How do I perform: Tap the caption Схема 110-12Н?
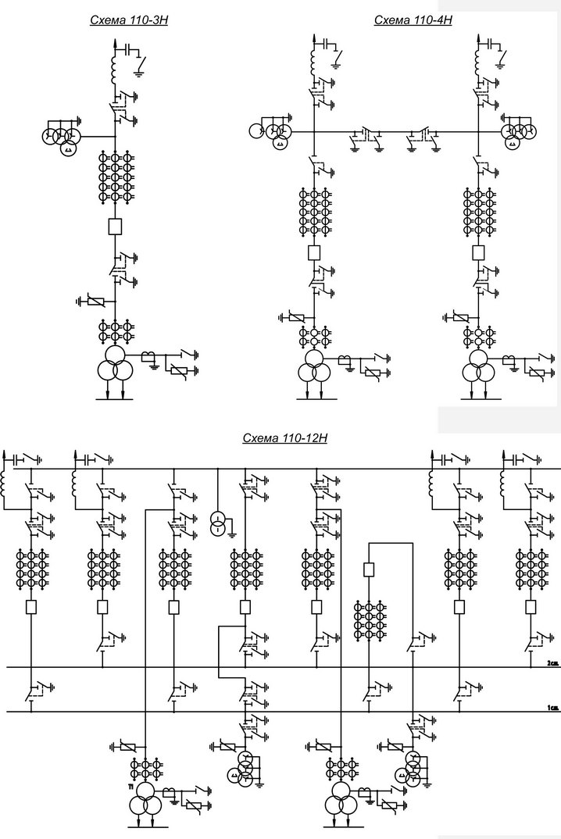click(x=284, y=438)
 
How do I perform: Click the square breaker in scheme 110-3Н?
click(x=115, y=227)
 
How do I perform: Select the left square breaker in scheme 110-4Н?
click(x=315, y=253)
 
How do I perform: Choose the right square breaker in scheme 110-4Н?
click(x=479, y=253)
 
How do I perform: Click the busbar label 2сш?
click(x=552, y=662)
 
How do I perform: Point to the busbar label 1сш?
click(x=552, y=708)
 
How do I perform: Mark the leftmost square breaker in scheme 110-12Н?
click(x=31, y=606)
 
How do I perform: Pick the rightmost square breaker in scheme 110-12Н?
click(x=531, y=606)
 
